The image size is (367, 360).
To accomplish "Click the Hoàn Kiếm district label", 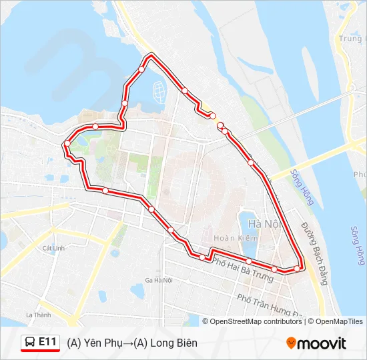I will coord(231,237).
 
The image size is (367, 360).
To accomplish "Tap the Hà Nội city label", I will coord(263,224).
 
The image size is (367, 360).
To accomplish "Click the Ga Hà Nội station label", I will coord(159,280).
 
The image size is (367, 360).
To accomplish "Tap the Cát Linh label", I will coord(53,248).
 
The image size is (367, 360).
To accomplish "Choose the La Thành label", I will coord(38,315).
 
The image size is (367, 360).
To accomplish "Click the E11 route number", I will coord(47,341).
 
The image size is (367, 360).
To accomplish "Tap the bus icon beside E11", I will coord(30,342).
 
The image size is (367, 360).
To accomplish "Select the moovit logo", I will coord(316,343).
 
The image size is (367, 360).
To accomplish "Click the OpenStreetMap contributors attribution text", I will coord(256,321).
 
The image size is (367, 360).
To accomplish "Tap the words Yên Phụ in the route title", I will coord(99,343).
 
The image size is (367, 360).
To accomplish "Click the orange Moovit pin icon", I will coord(291,343).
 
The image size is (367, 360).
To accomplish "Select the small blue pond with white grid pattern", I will coord(159,89).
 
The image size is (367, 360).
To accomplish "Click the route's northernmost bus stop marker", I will coord(141,69).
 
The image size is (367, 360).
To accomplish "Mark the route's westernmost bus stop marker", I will coord(67,143).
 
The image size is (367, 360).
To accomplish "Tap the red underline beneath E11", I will coord(40,350).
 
